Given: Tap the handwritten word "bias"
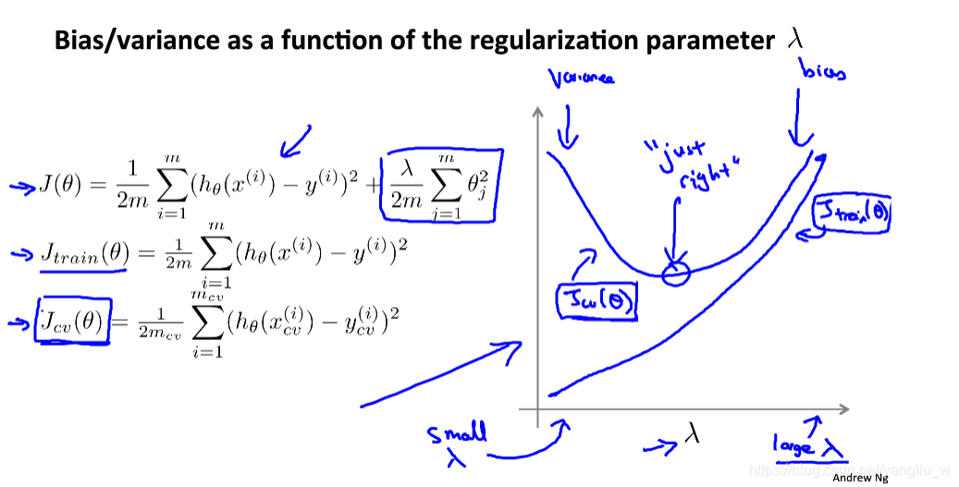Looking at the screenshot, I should (824, 72).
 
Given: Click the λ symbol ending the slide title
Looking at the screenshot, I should (793, 39).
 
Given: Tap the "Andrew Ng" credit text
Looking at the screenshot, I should (860, 478).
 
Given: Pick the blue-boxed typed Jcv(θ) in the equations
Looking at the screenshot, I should (72, 321).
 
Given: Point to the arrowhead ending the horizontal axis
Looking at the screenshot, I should (845, 407).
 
